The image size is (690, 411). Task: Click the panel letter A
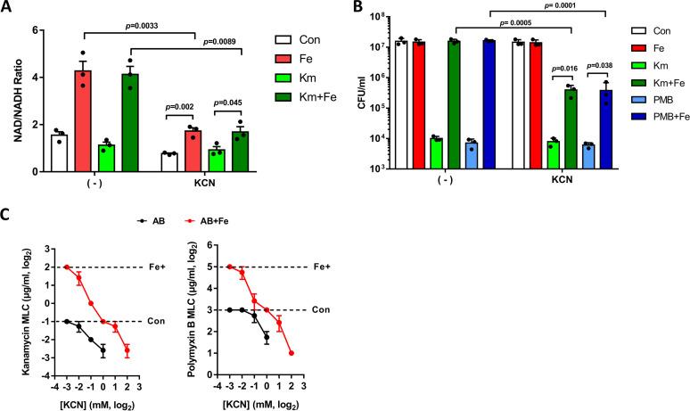[8, 8]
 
